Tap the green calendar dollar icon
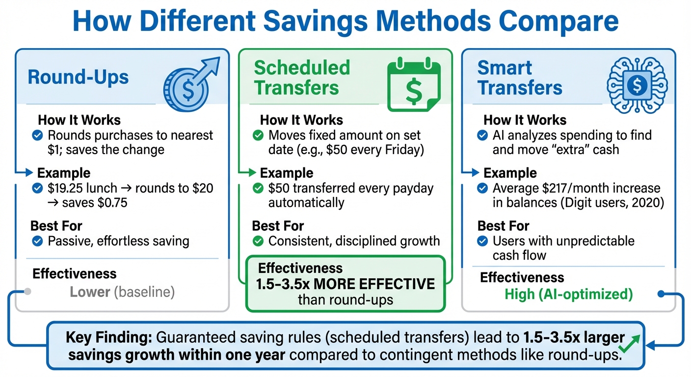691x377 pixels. click(x=414, y=84)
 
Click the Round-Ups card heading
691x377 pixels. click(x=79, y=78)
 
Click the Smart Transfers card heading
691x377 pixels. click(x=520, y=78)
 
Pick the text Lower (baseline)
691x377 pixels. click(x=122, y=292)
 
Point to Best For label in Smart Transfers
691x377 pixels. click(x=503, y=226)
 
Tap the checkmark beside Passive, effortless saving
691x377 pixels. click(x=37, y=241)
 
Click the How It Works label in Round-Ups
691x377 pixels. click(x=79, y=120)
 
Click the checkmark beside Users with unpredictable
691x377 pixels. click(x=483, y=241)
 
